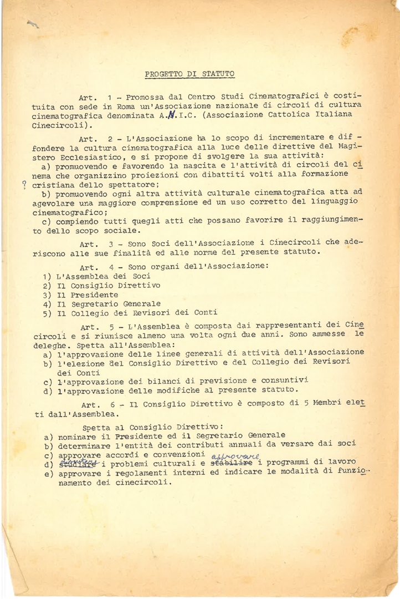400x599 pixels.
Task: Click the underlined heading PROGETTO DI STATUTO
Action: [189, 73]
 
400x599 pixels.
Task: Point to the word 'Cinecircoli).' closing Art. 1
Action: [61, 125]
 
